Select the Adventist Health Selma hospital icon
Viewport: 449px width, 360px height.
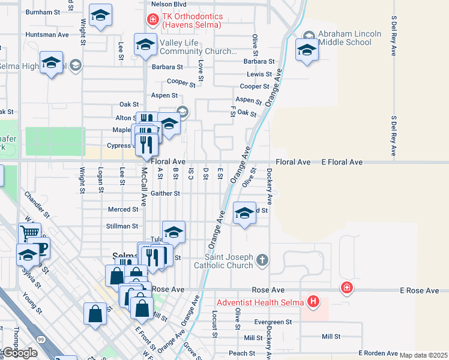tap(313, 301)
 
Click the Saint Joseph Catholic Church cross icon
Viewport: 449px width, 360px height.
tap(262, 260)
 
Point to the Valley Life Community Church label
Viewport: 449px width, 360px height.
tap(198, 47)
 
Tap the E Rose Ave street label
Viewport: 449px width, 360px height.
tap(420, 290)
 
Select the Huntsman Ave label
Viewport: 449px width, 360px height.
tap(47, 35)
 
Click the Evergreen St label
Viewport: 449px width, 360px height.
tap(273, 322)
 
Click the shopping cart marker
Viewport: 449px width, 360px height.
tap(29, 232)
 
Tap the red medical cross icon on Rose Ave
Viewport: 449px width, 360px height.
tap(346, 288)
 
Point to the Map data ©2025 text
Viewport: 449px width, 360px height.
tap(423, 355)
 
